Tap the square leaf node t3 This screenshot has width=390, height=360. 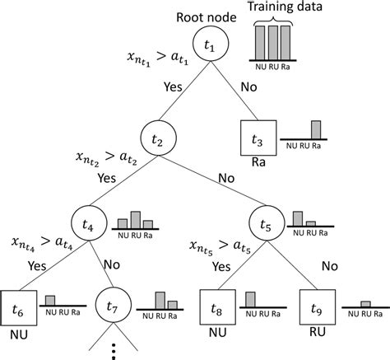256,139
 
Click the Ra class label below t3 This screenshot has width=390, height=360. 256,165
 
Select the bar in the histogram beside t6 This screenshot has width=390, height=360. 50,301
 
